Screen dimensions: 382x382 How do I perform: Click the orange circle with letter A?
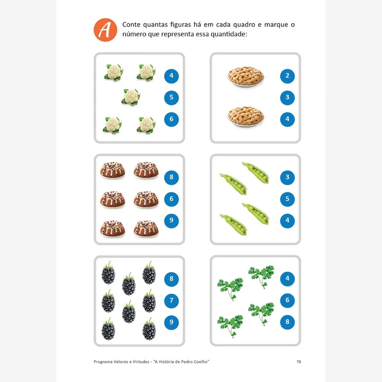click(x=105, y=30)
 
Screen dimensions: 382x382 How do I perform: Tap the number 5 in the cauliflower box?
click(x=171, y=98)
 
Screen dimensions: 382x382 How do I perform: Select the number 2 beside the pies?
click(x=287, y=76)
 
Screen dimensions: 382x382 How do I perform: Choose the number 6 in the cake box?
click(x=171, y=199)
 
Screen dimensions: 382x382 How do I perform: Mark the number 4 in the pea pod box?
click(x=287, y=221)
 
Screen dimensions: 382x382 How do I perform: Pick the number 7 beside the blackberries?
click(x=171, y=301)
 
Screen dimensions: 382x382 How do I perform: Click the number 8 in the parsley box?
click(x=287, y=322)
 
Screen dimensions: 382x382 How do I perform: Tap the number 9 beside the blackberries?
click(x=171, y=322)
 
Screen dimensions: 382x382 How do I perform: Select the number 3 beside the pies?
click(x=287, y=98)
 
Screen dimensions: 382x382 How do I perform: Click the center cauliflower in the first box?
click(x=131, y=97)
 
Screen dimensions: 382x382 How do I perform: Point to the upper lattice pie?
click(x=246, y=76)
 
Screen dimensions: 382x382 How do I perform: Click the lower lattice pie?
click(x=246, y=117)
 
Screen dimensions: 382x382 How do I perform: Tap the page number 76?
click(x=299, y=362)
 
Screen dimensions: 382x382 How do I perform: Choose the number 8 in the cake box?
click(x=171, y=177)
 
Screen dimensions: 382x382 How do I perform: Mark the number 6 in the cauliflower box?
click(x=171, y=119)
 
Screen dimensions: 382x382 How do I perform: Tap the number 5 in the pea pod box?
click(x=287, y=199)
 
